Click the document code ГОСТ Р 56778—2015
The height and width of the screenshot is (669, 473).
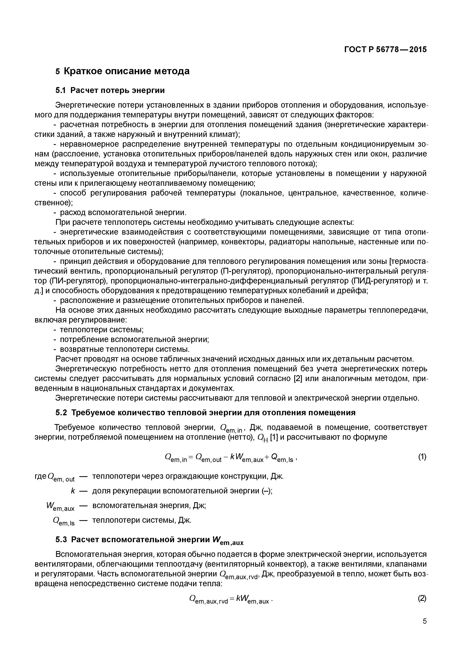click(385, 50)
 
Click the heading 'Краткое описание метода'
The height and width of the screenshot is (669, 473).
click(126, 71)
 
